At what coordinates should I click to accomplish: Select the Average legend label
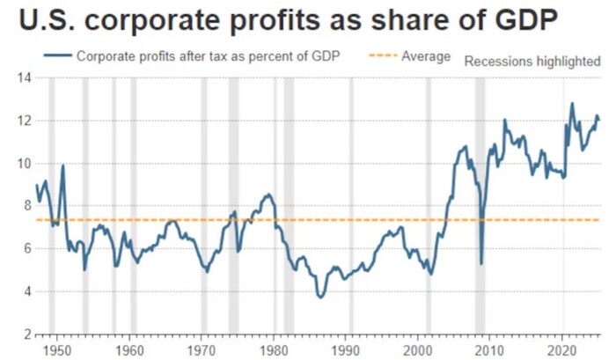coord(426,56)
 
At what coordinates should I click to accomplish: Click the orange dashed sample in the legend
coord(377,56)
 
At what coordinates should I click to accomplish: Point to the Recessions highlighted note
coord(532,62)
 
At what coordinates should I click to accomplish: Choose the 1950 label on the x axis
coord(58,348)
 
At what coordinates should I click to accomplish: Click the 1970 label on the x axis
coord(202,348)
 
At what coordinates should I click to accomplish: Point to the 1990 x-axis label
coord(346,348)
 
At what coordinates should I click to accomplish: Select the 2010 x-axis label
coord(490,348)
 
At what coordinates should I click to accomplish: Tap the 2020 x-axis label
coord(562,348)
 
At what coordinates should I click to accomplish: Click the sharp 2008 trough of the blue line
coord(480,263)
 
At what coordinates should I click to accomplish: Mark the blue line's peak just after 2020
coord(572,103)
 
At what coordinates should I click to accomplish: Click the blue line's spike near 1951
coord(63,165)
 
